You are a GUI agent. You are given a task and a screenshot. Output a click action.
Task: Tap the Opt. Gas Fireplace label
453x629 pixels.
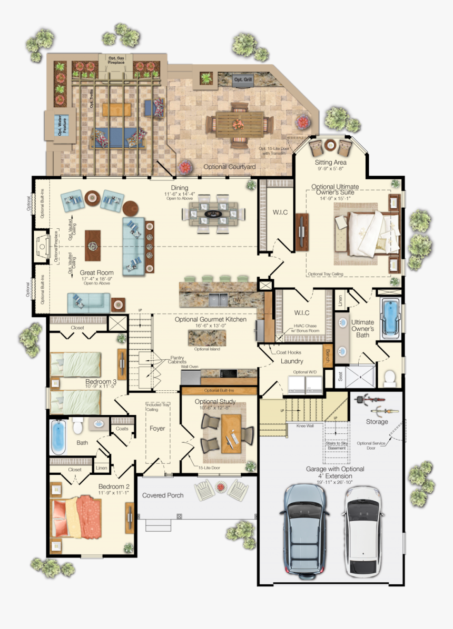coord(116,59)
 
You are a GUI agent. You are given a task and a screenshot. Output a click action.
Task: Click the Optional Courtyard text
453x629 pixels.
coord(230,167)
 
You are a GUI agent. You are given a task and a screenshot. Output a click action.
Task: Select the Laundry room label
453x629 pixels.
coord(291,361)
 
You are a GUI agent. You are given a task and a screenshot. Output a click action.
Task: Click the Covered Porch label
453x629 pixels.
coord(163,495)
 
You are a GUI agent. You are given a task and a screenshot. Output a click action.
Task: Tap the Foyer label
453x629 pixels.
coord(157,429)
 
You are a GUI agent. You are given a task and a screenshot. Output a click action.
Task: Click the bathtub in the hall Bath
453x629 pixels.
coord(58,436)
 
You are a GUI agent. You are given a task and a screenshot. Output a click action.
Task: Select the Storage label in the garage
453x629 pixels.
coord(377,422)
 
